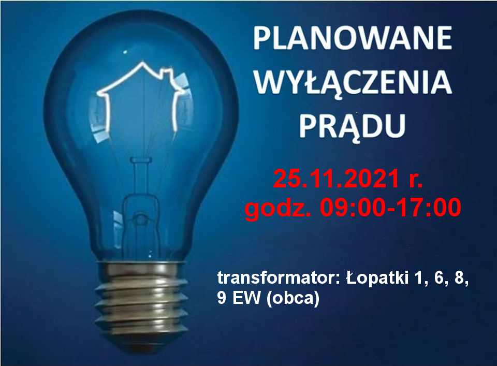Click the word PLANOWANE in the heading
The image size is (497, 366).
353,38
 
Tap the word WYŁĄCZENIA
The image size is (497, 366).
353,82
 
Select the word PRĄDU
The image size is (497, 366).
353,127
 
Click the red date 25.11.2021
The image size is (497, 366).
336,179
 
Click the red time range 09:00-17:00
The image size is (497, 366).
390,208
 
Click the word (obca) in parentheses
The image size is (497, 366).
293,299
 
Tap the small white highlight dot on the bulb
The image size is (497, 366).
125,51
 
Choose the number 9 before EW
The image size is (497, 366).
222,298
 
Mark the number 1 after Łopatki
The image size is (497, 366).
418,278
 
